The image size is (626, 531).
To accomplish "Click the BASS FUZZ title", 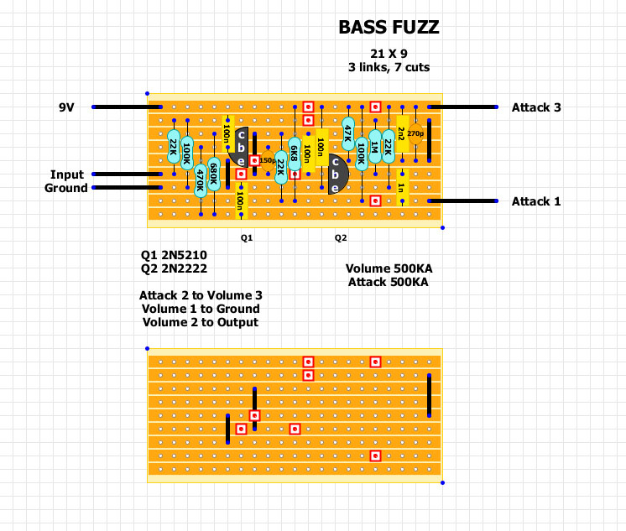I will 389,27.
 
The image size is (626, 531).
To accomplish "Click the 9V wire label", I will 67,107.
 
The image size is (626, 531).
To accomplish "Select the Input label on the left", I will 67,174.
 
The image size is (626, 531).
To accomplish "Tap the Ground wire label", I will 65,188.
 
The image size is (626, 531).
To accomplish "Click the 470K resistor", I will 200,180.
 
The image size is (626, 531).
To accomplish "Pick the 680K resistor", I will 213,173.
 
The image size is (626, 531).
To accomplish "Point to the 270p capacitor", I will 415,133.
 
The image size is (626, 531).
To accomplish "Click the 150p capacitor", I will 268,160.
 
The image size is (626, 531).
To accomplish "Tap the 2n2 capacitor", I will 401,133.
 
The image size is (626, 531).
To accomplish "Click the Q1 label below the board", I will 247,238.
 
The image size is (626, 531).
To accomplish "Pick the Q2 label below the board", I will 341,238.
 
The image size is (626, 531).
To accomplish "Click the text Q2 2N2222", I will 175,268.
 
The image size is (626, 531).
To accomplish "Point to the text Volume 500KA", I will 388,268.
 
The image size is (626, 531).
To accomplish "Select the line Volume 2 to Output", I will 200,322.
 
